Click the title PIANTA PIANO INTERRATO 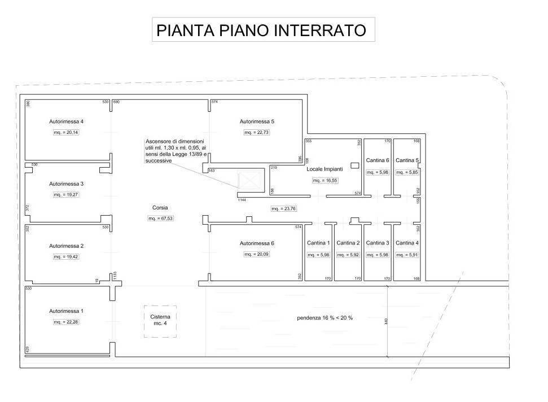click(261, 30)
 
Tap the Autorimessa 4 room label click(67, 121)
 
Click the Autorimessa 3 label click(67, 183)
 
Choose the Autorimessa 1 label click(67, 311)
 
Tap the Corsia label click(160, 207)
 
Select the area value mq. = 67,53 click(160, 218)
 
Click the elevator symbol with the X click(249, 181)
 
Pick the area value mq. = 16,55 click(325, 181)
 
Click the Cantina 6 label click(378, 160)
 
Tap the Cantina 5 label click(407, 160)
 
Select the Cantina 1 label click(318, 243)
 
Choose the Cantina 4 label click(407, 243)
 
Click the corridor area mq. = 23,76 click(283, 208)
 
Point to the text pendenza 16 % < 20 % click(325, 318)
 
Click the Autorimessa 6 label click(257, 243)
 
